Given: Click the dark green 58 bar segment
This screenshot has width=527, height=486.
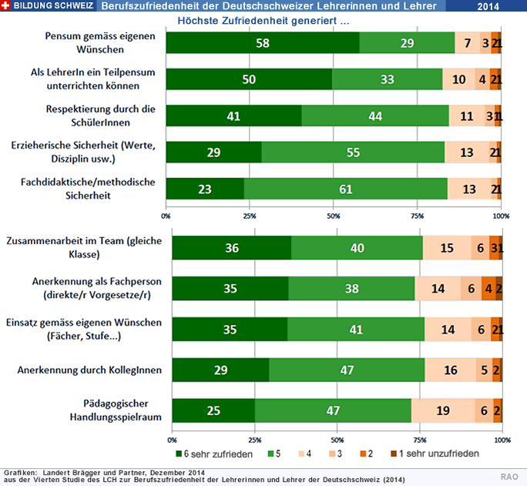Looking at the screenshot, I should (263, 43).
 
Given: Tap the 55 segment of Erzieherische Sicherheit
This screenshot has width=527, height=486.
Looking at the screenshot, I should (353, 152).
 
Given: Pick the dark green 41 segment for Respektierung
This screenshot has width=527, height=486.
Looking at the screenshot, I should (233, 116).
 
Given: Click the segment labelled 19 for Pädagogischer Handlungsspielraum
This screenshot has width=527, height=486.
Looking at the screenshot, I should (443, 411).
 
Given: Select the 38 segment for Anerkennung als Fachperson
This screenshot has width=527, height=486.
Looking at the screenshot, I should (351, 288).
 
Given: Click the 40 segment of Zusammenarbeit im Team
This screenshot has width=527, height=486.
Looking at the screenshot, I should (357, 247).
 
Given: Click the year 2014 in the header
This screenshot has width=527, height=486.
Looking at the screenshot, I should (488, 6).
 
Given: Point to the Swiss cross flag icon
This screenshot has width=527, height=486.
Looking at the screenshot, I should (7, 6).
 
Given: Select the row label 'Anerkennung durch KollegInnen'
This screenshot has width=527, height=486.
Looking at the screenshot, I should (89, 370).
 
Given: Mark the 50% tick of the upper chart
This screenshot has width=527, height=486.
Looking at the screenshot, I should (333, 216).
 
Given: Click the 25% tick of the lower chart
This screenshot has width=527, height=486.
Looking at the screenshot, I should (254, 440).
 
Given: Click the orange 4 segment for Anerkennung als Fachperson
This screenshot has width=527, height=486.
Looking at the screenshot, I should (488, 288).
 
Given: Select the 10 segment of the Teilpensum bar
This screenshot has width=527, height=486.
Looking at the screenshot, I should (458, 79).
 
